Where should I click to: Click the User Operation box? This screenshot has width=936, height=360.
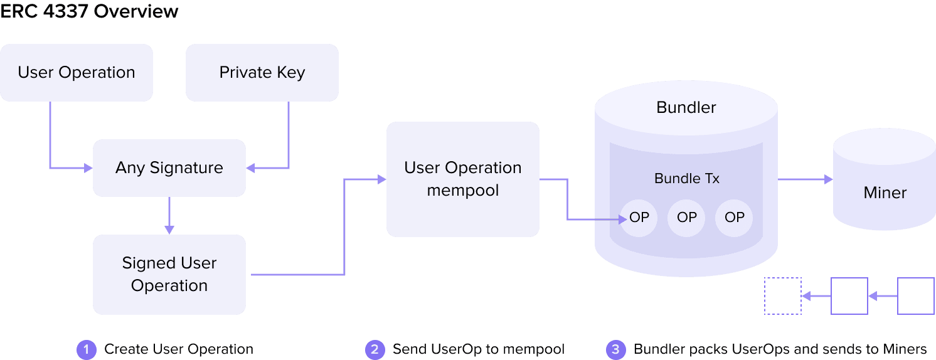click(77, 73)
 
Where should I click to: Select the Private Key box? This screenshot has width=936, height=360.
click(262, 73)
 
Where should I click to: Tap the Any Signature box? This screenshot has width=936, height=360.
click(169, 168)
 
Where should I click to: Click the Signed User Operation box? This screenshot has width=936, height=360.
click(169, 275)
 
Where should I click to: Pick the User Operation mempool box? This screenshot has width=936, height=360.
click(463, 179)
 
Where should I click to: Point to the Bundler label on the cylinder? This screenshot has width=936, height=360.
click(686, 107)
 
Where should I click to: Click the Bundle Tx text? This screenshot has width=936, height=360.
click(686, 179)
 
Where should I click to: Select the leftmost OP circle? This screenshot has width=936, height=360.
click(639, 218)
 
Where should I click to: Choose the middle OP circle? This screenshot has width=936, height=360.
click(687, 218)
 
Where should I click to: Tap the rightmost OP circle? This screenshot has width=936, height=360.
click(734, 218)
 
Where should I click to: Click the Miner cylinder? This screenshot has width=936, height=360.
click(885, 182)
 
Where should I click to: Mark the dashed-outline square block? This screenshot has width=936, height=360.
click(782, 296)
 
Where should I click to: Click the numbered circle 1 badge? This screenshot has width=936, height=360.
click(86, 349)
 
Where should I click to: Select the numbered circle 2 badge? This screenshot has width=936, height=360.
click(375, 349)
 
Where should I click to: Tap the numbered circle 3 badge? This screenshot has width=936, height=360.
click(615, 349)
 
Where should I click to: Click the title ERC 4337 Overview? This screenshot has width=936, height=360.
click(89, 11)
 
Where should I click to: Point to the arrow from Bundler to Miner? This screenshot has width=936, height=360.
click(805, 180)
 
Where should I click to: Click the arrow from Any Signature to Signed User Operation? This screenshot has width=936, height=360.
click(169, 216)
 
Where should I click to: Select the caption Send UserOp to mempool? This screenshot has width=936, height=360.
click(478, 349)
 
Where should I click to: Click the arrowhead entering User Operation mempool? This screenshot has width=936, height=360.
click(381, 180)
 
